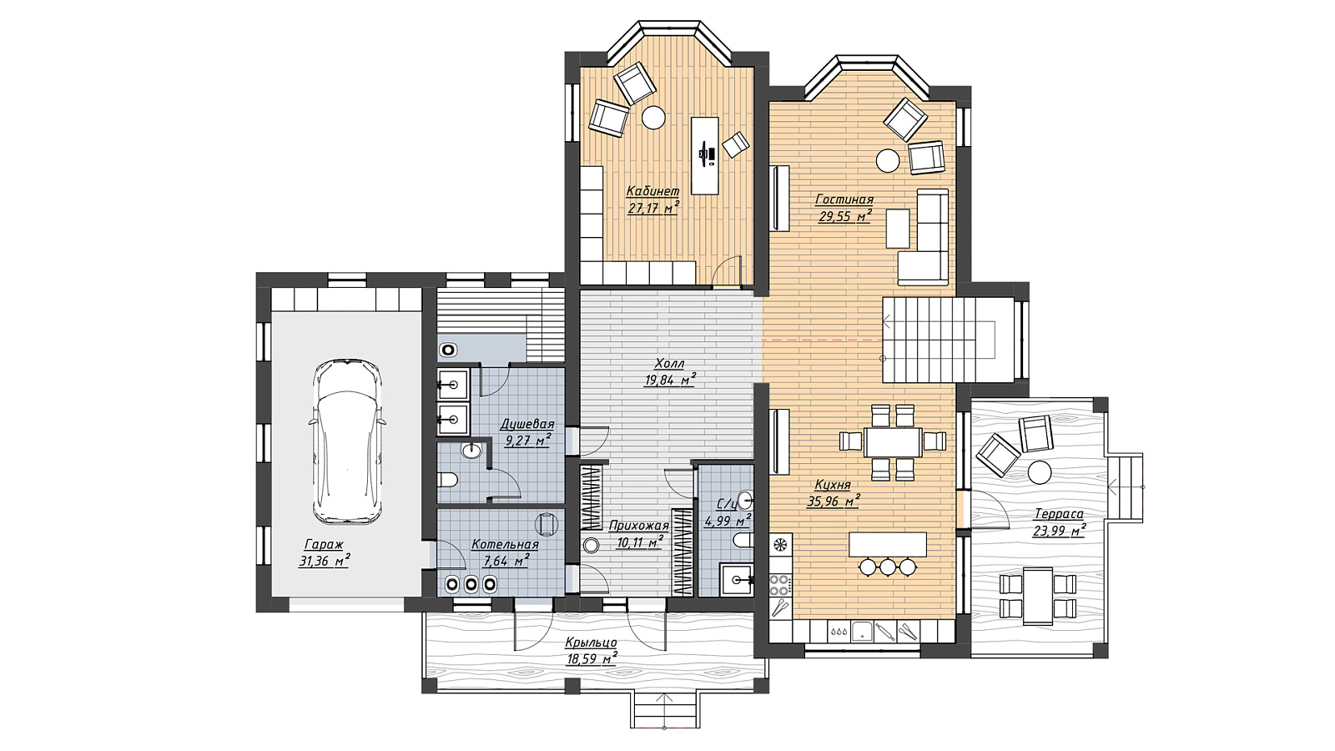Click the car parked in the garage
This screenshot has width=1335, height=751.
(x=347, y=441)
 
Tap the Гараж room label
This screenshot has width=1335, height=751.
(x=324, y=544)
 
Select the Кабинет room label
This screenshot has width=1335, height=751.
(x=652, y=191)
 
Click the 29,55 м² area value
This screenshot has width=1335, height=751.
(x=844, y=216)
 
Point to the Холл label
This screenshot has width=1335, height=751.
(x=670, y=363)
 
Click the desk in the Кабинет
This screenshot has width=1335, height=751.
(x=704, y=155)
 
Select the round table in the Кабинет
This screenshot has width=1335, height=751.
(x=654, y=117)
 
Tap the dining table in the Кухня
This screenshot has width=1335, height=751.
(x=892, y=442)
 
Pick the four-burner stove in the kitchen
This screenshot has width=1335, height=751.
(x=779, y=584)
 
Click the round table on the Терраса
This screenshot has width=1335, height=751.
(x=1040, y=472)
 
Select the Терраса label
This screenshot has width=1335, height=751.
(x=1059, y=513)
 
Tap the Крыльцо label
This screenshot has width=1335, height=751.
(x=591, y=643)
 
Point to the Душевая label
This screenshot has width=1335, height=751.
(x=526, y=425)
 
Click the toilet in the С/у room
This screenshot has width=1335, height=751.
(x=743, y=541)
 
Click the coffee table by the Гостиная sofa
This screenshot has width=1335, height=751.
(x=898, y=229)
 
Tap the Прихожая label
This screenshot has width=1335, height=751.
(x=639, y=526)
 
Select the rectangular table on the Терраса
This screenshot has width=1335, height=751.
(x=1038, y=596)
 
